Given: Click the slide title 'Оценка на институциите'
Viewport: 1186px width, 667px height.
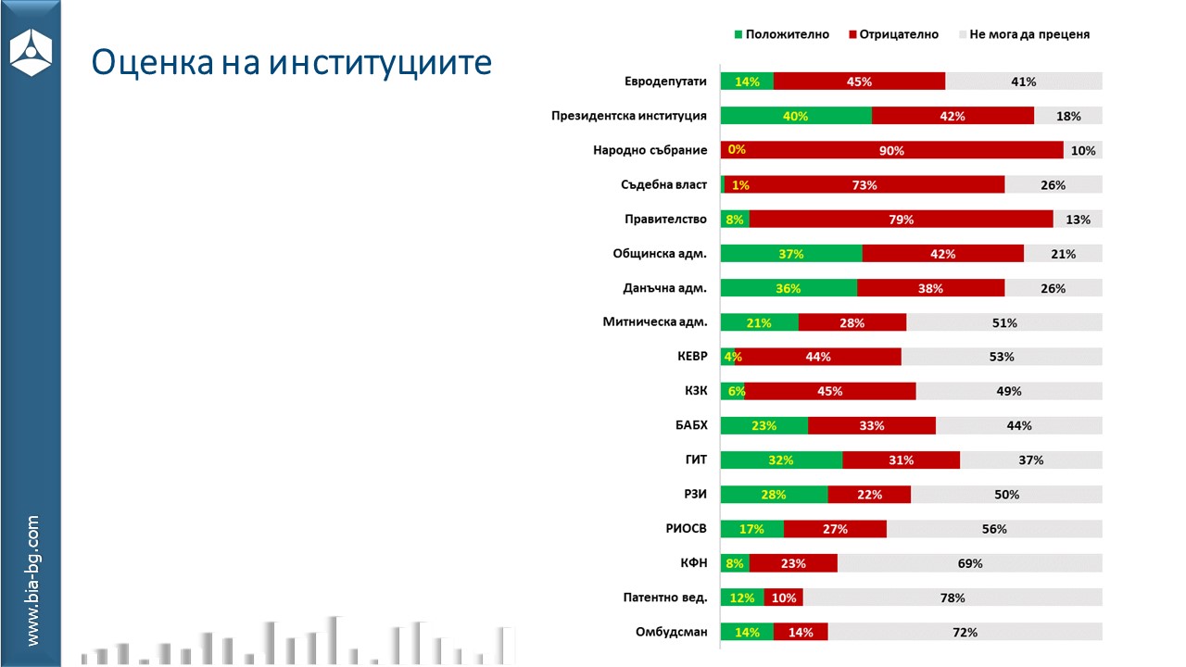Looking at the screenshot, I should point(291,62).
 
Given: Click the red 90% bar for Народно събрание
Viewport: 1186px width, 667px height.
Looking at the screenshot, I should point(892,150).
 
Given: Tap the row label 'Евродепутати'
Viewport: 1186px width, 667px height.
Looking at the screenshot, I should point(665,82).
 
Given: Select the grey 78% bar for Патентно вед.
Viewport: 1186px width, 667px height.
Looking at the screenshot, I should point(953,598).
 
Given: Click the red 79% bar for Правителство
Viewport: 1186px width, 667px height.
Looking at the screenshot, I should point(901,220).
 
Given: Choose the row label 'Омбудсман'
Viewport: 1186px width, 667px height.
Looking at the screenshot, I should point(671,633).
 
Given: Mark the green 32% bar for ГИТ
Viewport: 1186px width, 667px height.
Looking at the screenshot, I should point(781,459).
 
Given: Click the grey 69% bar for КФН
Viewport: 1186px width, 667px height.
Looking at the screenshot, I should point(969,563).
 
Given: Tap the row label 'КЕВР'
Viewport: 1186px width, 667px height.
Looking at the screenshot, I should point(692,357).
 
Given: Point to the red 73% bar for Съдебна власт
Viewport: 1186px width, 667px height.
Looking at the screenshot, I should point(864,185).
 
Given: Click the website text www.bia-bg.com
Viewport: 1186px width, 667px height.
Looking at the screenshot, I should point(33,581).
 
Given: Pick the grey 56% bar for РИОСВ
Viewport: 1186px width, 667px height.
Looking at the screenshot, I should point(994,529).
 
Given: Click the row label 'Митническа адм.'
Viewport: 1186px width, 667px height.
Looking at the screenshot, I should point(655,322).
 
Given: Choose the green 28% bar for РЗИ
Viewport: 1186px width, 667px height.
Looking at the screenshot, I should point(774,495).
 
